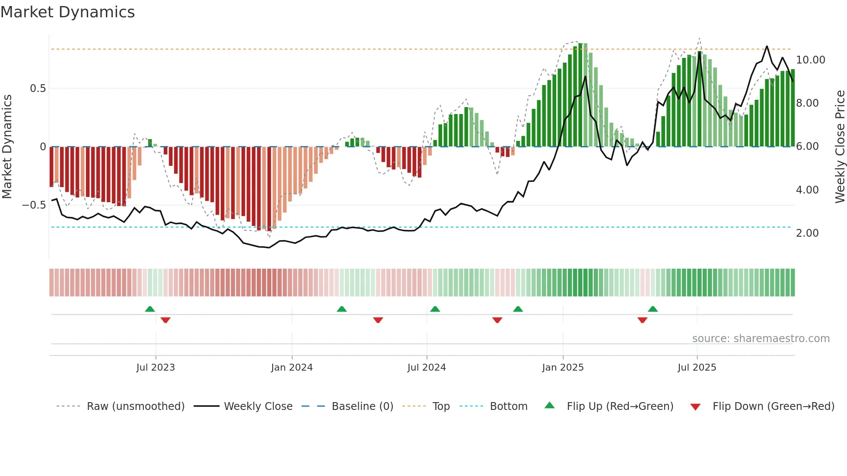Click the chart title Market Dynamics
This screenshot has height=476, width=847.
(67, 12)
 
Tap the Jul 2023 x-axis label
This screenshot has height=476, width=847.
(156, 368)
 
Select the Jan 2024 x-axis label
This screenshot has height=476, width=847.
(292, 368)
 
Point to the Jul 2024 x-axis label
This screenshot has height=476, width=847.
(427, 368)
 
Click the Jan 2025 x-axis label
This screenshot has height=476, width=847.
(563, 368)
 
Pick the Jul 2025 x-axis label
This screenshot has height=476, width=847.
(697, 368)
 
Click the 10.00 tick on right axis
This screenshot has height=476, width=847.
(810, 60)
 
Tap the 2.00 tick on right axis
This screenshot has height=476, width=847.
(807, 233)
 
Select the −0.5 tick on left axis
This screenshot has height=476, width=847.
(34, 205)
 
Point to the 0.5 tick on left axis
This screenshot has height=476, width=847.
(38, 89)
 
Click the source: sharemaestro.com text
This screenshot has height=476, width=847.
(761, 339)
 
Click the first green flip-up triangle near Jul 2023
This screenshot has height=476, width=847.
(150, 309)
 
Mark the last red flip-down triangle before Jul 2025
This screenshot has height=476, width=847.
(642, 320)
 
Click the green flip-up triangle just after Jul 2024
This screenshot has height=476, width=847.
(435, 309)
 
